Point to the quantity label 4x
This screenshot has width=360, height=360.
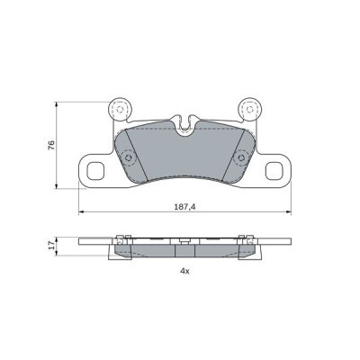(x=184, y=270)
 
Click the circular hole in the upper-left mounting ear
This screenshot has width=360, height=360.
(x=117, y=109)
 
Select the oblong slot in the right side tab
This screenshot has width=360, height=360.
(x=274, y=167)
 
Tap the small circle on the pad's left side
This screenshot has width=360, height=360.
(x=127, y=159)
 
